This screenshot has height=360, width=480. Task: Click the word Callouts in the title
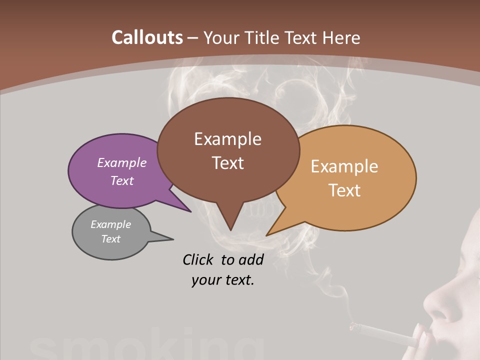point(147,37)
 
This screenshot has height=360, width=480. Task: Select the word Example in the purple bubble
point(122,163)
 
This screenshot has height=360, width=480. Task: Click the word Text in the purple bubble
point(122,180)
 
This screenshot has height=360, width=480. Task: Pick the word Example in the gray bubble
point(111,224)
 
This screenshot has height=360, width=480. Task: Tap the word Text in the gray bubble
point(111,239)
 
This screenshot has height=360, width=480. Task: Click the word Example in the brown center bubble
point(227,138)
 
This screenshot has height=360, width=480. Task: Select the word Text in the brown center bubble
point(227,162)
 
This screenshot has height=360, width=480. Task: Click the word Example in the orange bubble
point(344,166)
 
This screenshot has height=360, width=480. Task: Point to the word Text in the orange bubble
point(344,190)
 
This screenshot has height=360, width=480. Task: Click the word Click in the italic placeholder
point(199,259)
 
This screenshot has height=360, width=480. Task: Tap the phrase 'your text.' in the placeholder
point(223,280)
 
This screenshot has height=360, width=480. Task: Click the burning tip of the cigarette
point(353,326)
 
